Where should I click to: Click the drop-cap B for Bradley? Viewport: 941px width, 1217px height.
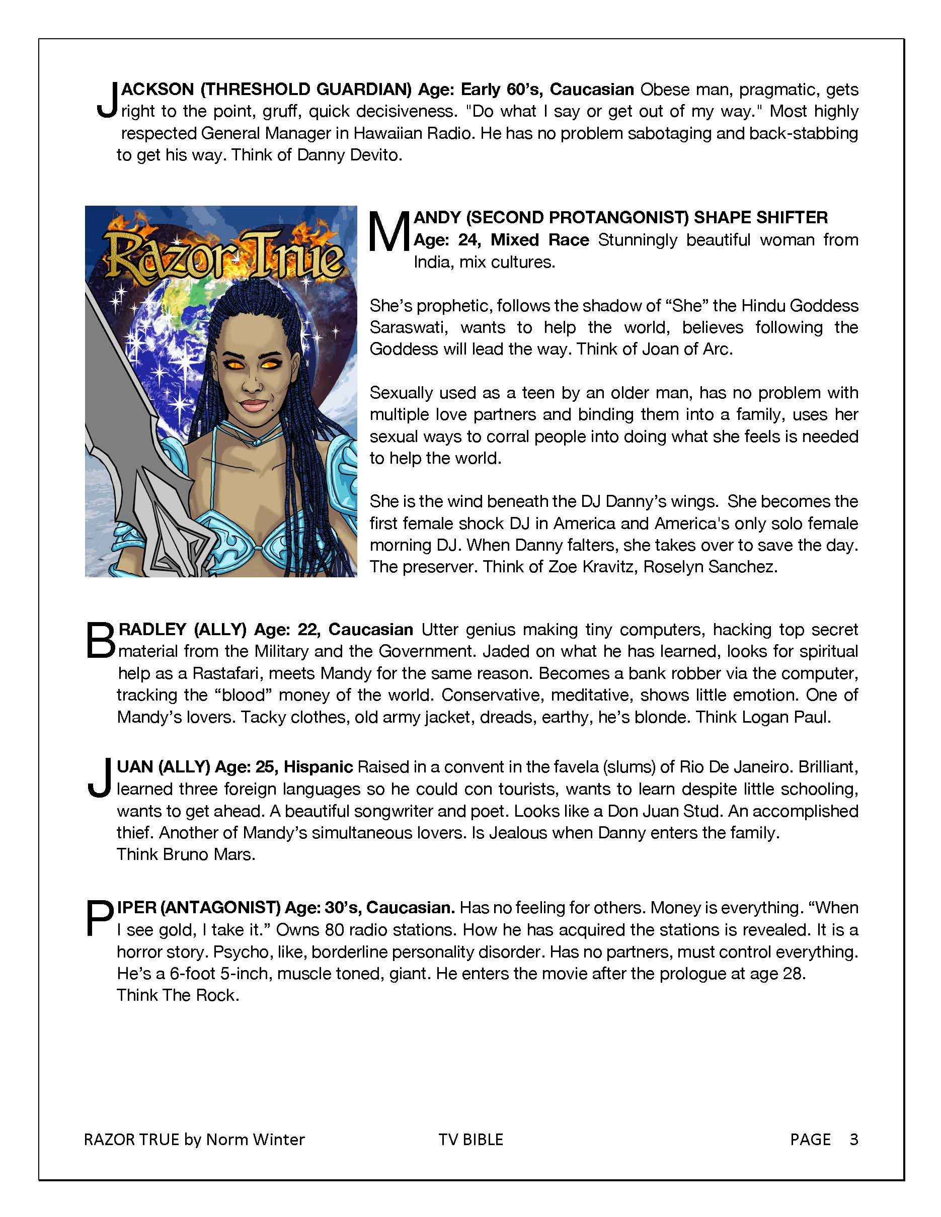pos(101,640)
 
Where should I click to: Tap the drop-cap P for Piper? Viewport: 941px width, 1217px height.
pos(99,919)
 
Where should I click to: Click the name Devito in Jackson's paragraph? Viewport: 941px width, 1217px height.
pos(374,155)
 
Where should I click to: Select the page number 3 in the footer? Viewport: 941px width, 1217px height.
pos(853,1139)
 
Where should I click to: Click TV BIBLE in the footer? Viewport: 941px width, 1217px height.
pos(470,1140)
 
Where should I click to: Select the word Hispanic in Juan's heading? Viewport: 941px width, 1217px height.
pos(319,767)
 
